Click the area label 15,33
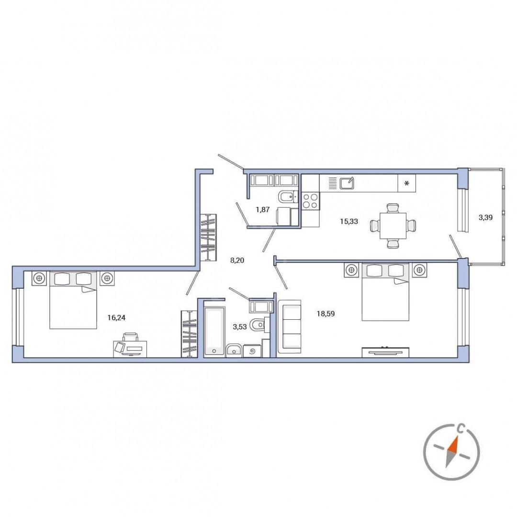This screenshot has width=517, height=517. pyautogui.click(x=349, y=222)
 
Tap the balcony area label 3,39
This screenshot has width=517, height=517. pyautogui.click(x=485, y=217)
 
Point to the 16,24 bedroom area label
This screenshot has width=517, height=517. pyautogui.click(x=116, y=318)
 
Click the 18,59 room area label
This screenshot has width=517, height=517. pyautogui.click(x=326, y=314)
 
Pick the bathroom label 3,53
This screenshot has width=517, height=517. pyautogui.click(x=240, y=327)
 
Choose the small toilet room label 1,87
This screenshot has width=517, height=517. pyautogui.click(x=263, y=210)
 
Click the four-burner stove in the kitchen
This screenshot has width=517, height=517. pyautogui.click(x=310, y=201)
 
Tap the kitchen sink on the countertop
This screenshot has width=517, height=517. pyautogui.click(x=347, y=183)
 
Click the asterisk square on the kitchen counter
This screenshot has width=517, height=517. pyautogui.click(x=406, y=183)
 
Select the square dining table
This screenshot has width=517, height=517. pyautogui.click(x=393, y=226)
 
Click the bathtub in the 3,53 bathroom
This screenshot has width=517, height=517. pyautogui.click(x=214, y=331)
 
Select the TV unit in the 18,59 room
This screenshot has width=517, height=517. pyautogui.click(x=385, y=352)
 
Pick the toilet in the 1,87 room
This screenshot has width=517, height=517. pyautogui.click(x=287, y=197)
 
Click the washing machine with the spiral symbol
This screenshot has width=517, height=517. pyautogui.click(x=253, y=351)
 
